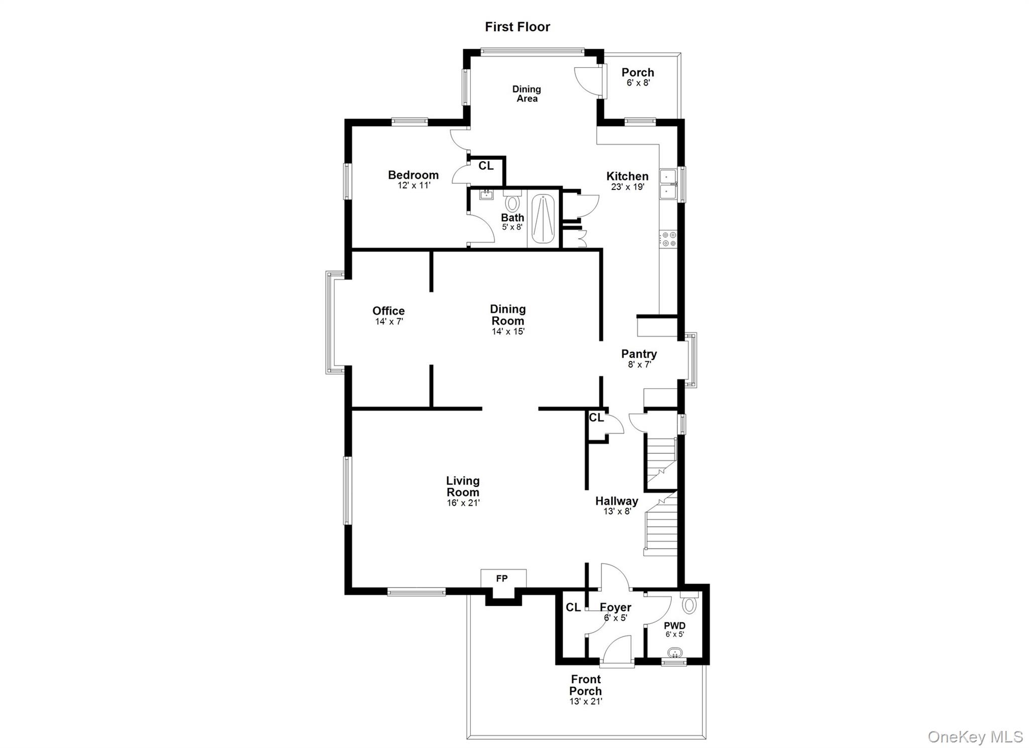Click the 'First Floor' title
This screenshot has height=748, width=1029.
click(517, 27)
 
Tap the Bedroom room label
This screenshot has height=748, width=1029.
click(413, 175)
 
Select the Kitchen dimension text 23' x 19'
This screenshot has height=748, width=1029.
click(628, 187)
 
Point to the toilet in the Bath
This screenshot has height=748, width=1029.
click(512, 202)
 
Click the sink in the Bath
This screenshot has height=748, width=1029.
click(486, 194)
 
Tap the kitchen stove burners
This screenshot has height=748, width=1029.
click(669, 239)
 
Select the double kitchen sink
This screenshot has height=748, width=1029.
click(669, 184)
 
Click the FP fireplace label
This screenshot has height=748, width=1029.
click(502, 578)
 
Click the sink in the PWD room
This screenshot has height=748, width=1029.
click(675, 653)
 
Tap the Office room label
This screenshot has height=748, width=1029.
click(388, 310)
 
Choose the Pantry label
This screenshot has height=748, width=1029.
click(639, 354)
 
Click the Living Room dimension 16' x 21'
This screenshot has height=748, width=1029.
click(463, 503)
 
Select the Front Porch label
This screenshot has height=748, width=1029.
click(585, 685)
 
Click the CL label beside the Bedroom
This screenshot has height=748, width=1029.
click(486, 166)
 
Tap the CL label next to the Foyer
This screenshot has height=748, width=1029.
click(573, 607)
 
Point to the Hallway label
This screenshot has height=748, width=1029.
click(616, 501)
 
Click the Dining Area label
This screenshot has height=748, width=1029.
click(527, 94)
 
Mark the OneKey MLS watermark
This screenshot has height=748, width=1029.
click(975, 736)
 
